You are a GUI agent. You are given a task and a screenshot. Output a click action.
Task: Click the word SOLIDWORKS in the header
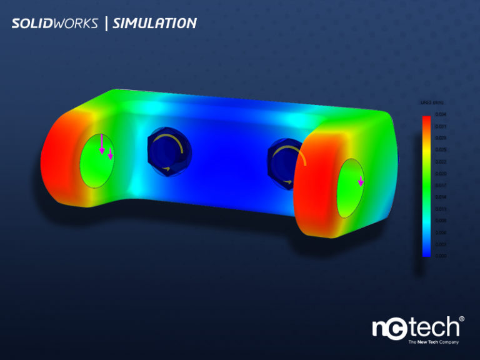[54, 24]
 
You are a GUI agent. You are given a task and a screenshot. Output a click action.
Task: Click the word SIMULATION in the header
[154, 24]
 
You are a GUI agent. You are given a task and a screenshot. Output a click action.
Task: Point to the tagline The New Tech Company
[433, 342]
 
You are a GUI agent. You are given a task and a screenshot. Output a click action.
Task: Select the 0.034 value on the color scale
[441, 114]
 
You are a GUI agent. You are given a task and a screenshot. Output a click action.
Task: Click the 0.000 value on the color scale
[441, 256]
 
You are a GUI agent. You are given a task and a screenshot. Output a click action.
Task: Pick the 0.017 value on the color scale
[441, 185]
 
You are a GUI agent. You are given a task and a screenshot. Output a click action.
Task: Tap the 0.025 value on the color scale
[441, 149]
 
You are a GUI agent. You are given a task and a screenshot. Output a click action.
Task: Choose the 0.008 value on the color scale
[441, 221]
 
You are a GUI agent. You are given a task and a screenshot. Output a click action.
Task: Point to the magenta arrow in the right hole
[361, 182]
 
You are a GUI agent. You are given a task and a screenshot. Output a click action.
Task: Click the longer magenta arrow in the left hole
[102, 144]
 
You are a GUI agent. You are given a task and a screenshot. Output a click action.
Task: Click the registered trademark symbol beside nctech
[462, 319]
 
